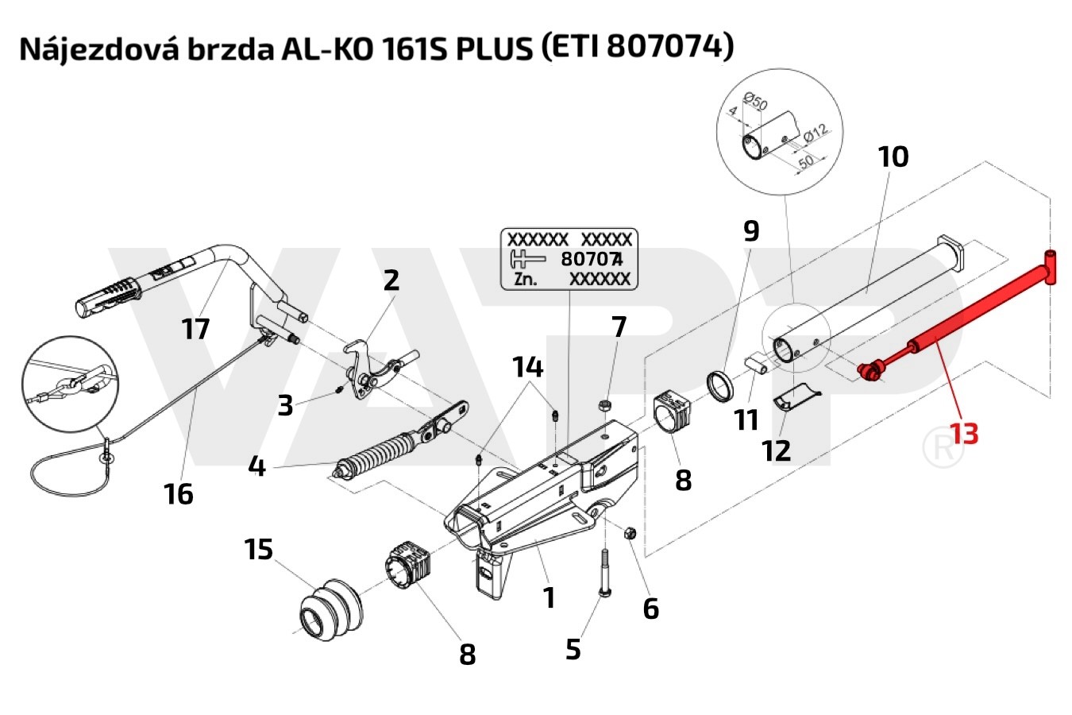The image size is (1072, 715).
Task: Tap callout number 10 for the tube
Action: (893, 157)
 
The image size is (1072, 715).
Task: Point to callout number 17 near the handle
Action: (195, 328)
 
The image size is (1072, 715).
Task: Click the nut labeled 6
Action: (628, 531)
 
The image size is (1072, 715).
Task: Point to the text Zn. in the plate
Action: (525, 279)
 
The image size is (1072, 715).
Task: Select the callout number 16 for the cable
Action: (179, 494)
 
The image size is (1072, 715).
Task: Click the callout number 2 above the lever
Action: (391, 280)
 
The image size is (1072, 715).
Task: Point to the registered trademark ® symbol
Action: (943, 447)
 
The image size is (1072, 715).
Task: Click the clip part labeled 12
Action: (796, 399)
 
